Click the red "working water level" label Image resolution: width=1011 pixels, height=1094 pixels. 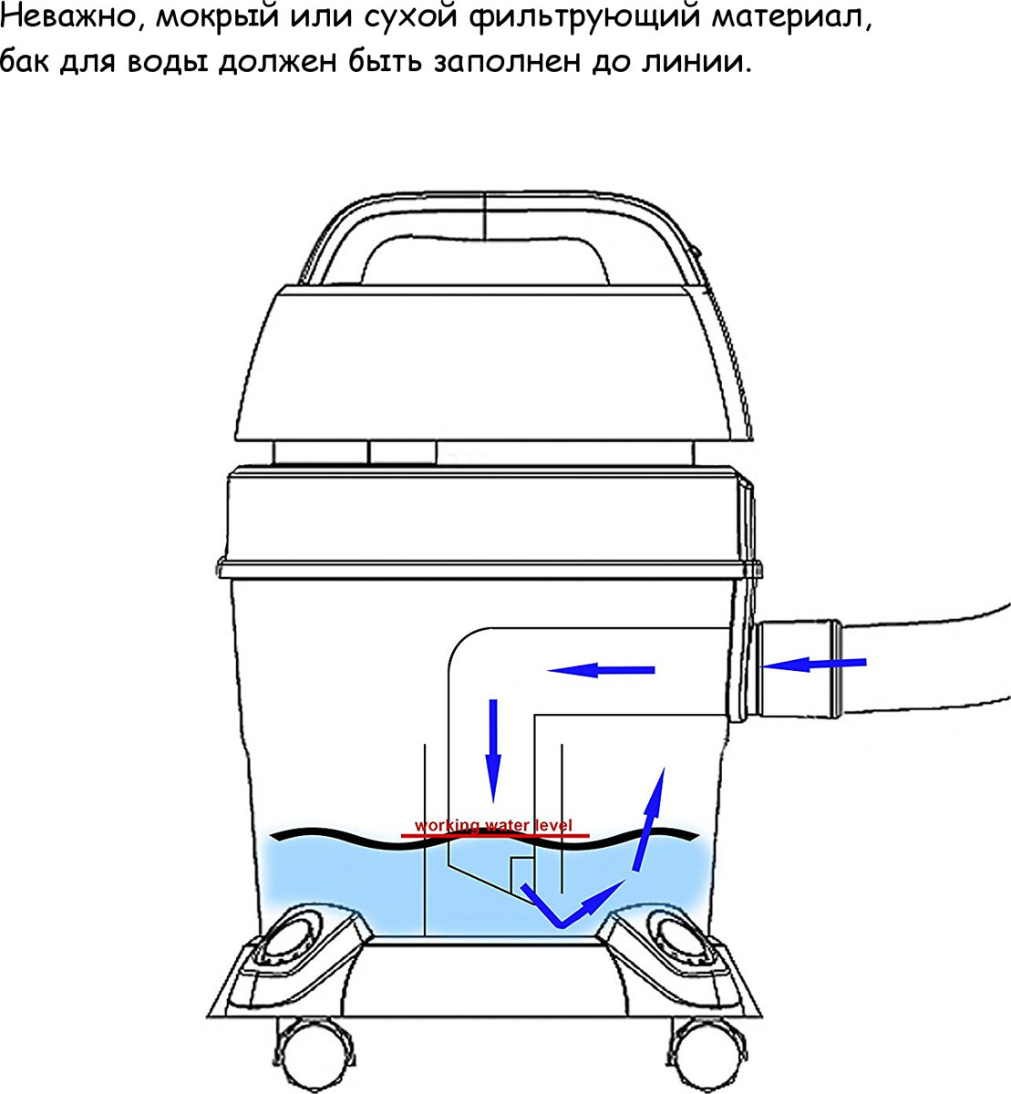click(x=493, y=825)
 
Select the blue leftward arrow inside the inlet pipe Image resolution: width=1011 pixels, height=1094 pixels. click(x=601, y=670)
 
